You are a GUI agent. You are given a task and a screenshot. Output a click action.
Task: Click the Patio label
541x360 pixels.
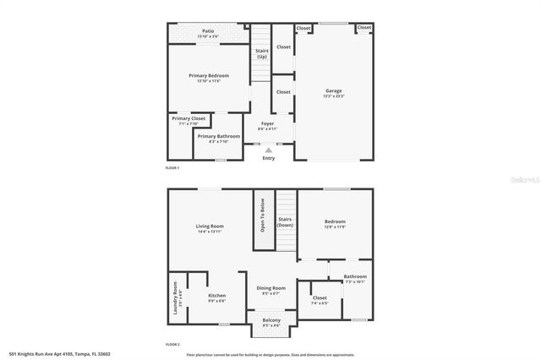pyautogui.click(x=208, y=33)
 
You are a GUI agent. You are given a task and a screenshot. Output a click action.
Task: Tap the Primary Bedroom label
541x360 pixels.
pyautogui.click(x=209, y=76)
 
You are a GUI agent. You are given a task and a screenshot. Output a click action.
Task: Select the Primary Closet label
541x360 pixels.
pyautogui.click(x=189, y=118)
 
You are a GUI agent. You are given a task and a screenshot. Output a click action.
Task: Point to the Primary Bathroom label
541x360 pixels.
pyautogui.click(x=219, y=136)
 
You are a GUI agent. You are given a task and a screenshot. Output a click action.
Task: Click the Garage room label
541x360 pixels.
pyautogui.click(x=334, y=91)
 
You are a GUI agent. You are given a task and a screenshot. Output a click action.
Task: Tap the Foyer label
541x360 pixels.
pyautogui.click(x=267, y=124)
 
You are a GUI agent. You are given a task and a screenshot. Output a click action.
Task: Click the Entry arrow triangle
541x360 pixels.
pyautogui.click(x=269, y=150)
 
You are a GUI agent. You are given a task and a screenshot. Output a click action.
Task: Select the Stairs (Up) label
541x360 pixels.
pyautogui.click(x=262, y=53)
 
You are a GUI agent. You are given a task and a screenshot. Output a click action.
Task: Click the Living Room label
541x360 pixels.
pyautogui.click(x=210, y=226)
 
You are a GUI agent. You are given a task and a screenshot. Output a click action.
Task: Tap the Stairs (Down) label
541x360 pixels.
pyautogui.click(x=286, y=221)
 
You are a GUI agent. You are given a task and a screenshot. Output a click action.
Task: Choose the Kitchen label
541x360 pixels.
pyautogui.click(x=217, y=296)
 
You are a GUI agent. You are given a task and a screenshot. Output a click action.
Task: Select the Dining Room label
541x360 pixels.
pyautogui.click(x=271, y=288)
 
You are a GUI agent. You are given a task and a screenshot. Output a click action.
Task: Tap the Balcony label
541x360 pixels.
pyautogui.click(x=271, y=320)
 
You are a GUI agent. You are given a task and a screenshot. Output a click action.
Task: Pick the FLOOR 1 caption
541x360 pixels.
pyautogui.click(x=172, y=169)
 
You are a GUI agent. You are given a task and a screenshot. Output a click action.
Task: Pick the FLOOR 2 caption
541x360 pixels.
pyautogui.click(x=172, y=345)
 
